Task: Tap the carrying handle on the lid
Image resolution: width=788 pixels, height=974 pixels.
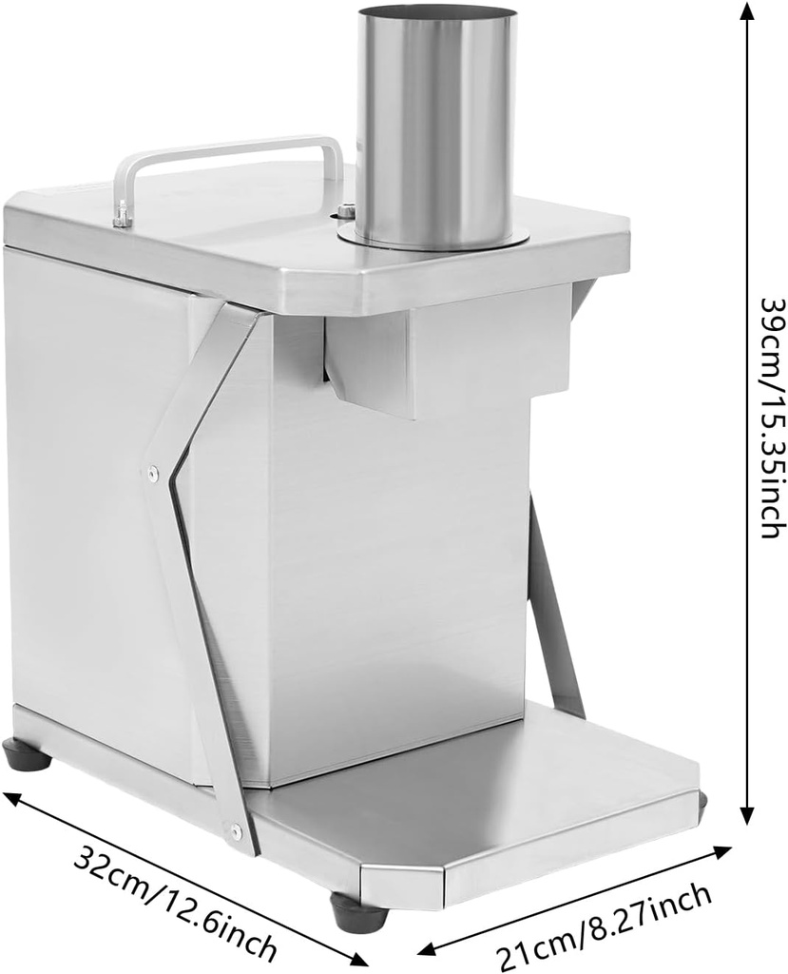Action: pyautogui.click(x=228, y=150)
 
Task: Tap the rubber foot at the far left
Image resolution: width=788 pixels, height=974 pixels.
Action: pyautogui.click(x=28, y=755)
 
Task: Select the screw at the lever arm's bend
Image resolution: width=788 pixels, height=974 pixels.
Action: pyautogui.click(x=151, y=471)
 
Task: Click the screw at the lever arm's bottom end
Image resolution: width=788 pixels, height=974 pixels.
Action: pyautogui.click(x=235, y=832)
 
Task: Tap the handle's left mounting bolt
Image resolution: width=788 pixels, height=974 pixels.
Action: pyautogui.click(x=121, y=217)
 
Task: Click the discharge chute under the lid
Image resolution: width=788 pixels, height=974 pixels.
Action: pyautogui.click(x=371, y=366)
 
